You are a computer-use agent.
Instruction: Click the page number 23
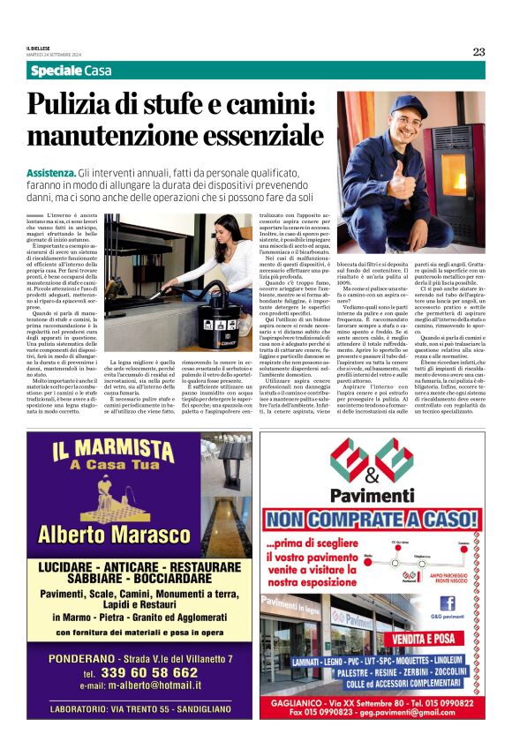(478, 51)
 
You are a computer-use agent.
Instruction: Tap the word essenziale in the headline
(253, 136)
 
